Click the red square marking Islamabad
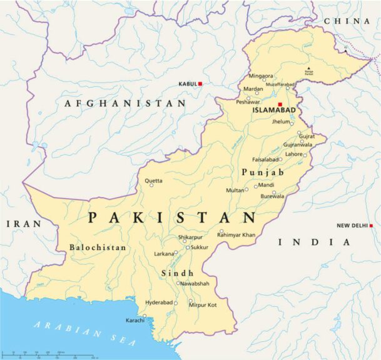pyautogui.click(x=280, y=104)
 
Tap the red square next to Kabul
pyautogui.click(x=201, y=83)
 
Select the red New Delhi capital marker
pyautogui.click(x=371, y=226)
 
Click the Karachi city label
pyautogui.click(x=135, y=321)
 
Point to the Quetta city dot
pyautogui.click(x=151, y=185)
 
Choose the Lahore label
pyautogui.click(x=293, y=154)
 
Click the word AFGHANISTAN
pyautogui.click(x=125, y=103)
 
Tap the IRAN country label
pyautogui.click(x=24, y=224)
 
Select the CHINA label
pyautogui.click(x=347, y=21)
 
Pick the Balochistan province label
pyautogui.click(x=98, y=247)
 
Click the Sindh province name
pyautogui.click(x=178, y=273)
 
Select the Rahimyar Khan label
pyautogui.click(x=236, y=234)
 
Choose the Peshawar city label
pyautogui.click(x=248, y=101)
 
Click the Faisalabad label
pyautogui.click(x=265, y=159)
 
